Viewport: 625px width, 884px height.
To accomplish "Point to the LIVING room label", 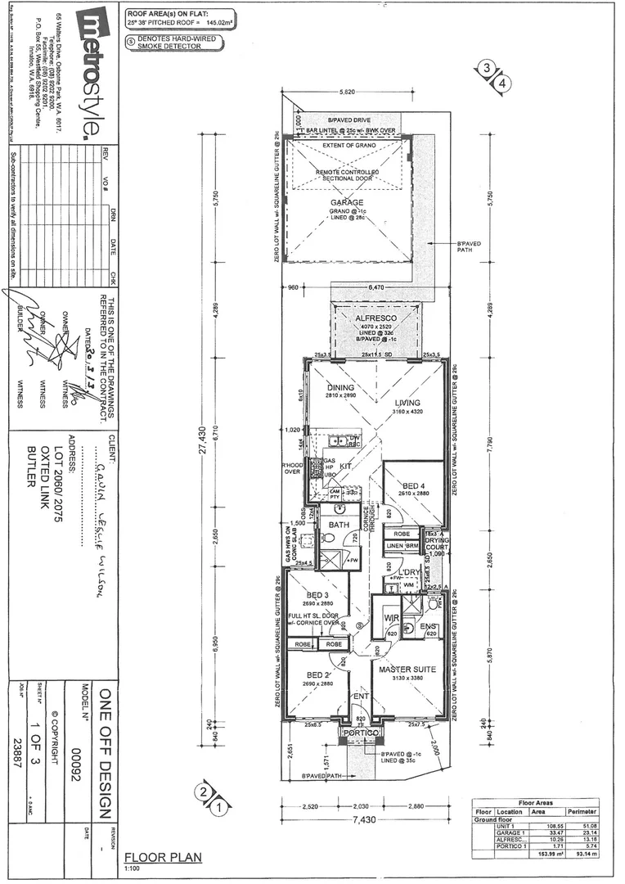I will point(406,403).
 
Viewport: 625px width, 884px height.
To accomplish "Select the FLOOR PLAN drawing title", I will point(162,858).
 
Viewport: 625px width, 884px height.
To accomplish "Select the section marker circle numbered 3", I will point(488,70).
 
